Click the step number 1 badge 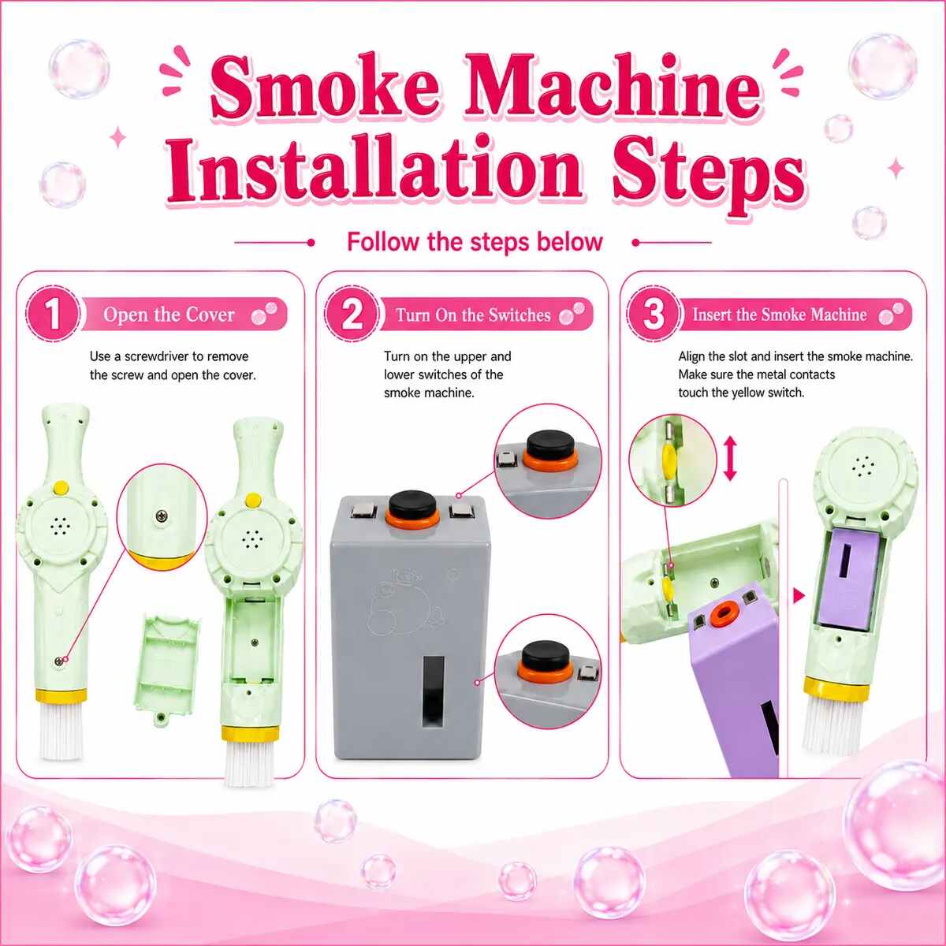click(53, 315)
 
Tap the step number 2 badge click(352, 315)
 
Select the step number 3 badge click(654, 315)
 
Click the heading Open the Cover click(169, 315)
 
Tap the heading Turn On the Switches click(473, 315)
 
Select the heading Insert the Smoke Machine click(780, 315)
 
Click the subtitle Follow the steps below click(475, 241)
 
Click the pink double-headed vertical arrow click(731, 460)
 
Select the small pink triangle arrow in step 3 click(799, 597)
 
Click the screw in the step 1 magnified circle click(161, 515)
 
